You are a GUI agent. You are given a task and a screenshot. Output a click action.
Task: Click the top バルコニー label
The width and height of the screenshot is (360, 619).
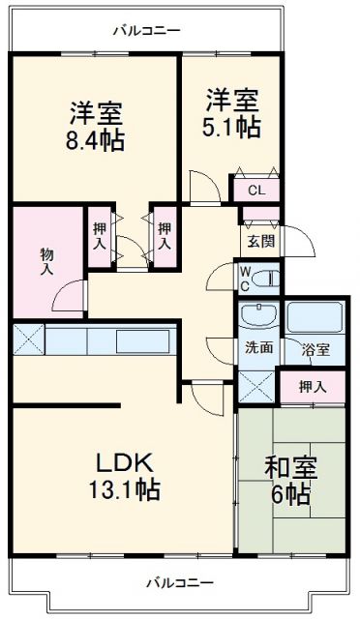146,31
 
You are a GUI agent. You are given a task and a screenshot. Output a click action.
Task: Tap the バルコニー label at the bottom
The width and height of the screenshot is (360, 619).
180,582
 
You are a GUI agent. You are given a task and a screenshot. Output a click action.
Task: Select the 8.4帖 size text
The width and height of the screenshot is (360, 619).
94,141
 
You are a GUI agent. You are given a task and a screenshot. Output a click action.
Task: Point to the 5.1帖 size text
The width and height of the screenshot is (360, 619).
230,126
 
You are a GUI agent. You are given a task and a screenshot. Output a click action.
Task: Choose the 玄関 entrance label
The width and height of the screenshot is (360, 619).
257,241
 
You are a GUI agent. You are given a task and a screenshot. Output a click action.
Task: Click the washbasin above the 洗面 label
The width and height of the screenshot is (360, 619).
257,317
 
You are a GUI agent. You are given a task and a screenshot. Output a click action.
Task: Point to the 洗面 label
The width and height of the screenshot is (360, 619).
257,347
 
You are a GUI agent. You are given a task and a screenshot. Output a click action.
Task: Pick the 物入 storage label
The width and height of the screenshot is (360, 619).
45,262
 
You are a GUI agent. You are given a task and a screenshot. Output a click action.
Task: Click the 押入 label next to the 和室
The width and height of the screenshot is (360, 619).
312,387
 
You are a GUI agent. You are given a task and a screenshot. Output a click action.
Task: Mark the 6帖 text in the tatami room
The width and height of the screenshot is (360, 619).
290,495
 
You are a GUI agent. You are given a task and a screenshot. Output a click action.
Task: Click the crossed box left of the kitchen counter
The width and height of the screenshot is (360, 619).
27,340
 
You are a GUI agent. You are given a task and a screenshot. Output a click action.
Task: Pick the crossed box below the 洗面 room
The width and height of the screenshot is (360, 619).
255,385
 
